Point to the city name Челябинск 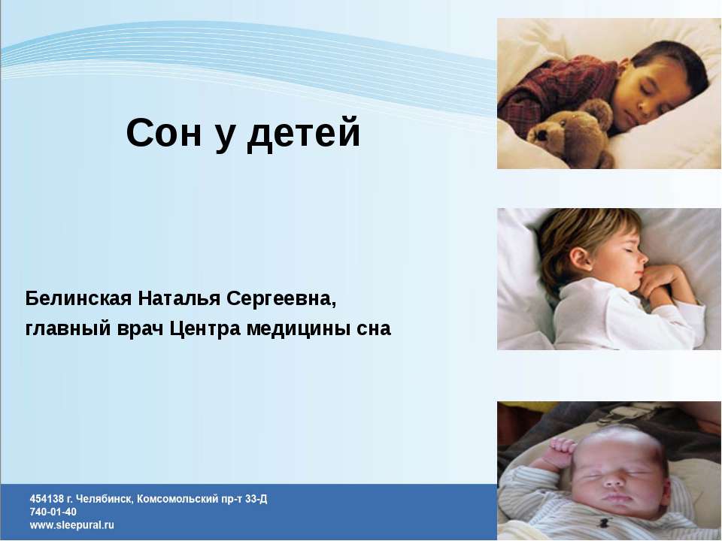[105, 499]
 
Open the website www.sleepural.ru [72, 525]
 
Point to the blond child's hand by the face [662, 282]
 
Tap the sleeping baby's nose [613, 478]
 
